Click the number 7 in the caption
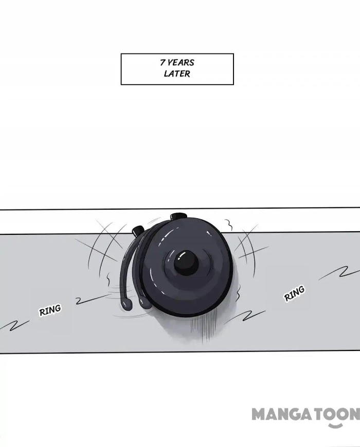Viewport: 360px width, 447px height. (x=163, y=62)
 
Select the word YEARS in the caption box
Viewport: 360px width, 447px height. (x=181, y=63)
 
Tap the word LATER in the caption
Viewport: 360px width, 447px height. (x=177, y=73)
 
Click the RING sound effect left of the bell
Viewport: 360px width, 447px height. (x=50, y=310)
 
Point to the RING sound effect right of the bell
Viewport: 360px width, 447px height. (x=294, y=293)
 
